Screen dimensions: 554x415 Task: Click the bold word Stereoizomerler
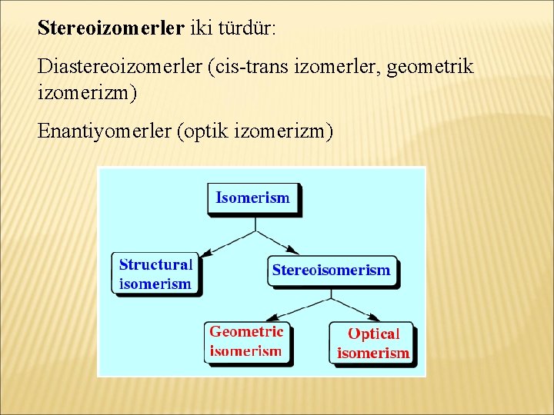tap(111, 28)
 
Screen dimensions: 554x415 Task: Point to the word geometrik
tap(431, 67)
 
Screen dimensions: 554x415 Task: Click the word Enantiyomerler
tap(105, 131)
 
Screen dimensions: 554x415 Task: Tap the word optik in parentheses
tap(202, 131)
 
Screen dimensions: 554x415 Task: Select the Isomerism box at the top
tap(253, 198)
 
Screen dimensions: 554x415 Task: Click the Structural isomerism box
tap(155, 274)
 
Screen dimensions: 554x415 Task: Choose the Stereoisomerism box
tap(332, 271)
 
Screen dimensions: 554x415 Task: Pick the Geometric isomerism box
tap(246, 342)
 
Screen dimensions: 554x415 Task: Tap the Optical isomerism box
tap(372, 344)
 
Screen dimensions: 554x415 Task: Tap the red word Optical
tap(374, 334)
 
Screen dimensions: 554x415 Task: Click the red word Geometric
tap(246, 332)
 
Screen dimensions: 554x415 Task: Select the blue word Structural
tap(155, 264)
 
